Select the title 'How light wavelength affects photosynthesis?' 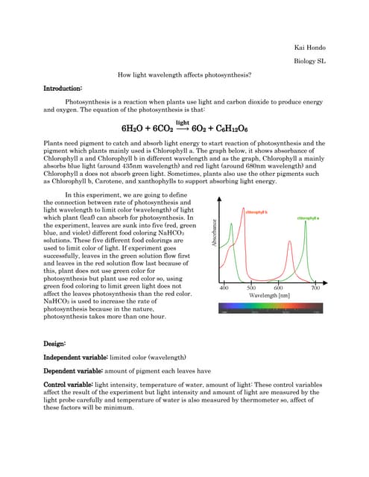(184, 75)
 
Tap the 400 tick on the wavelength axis (224, 307)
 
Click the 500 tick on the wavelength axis (251, 307)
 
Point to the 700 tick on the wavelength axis (315, 307)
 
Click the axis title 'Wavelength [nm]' (268, 315)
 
